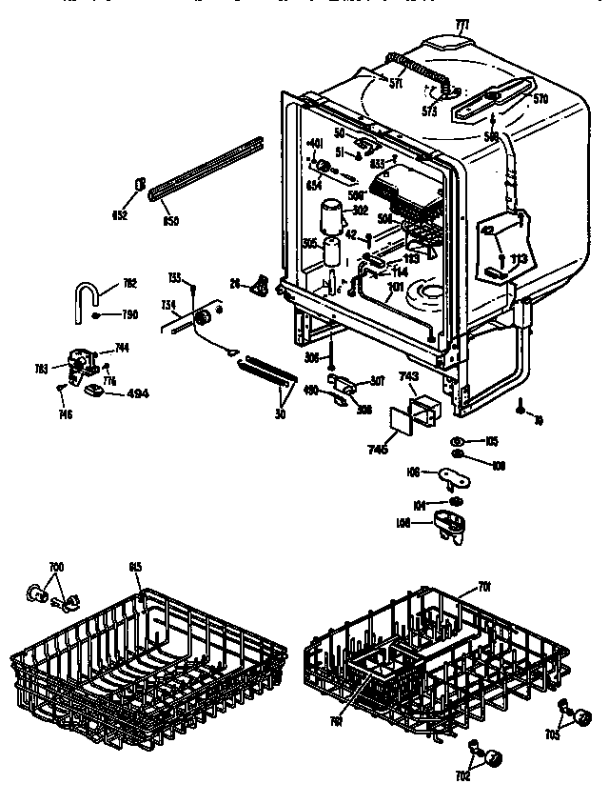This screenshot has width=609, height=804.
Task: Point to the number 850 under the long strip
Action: (172, 221)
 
